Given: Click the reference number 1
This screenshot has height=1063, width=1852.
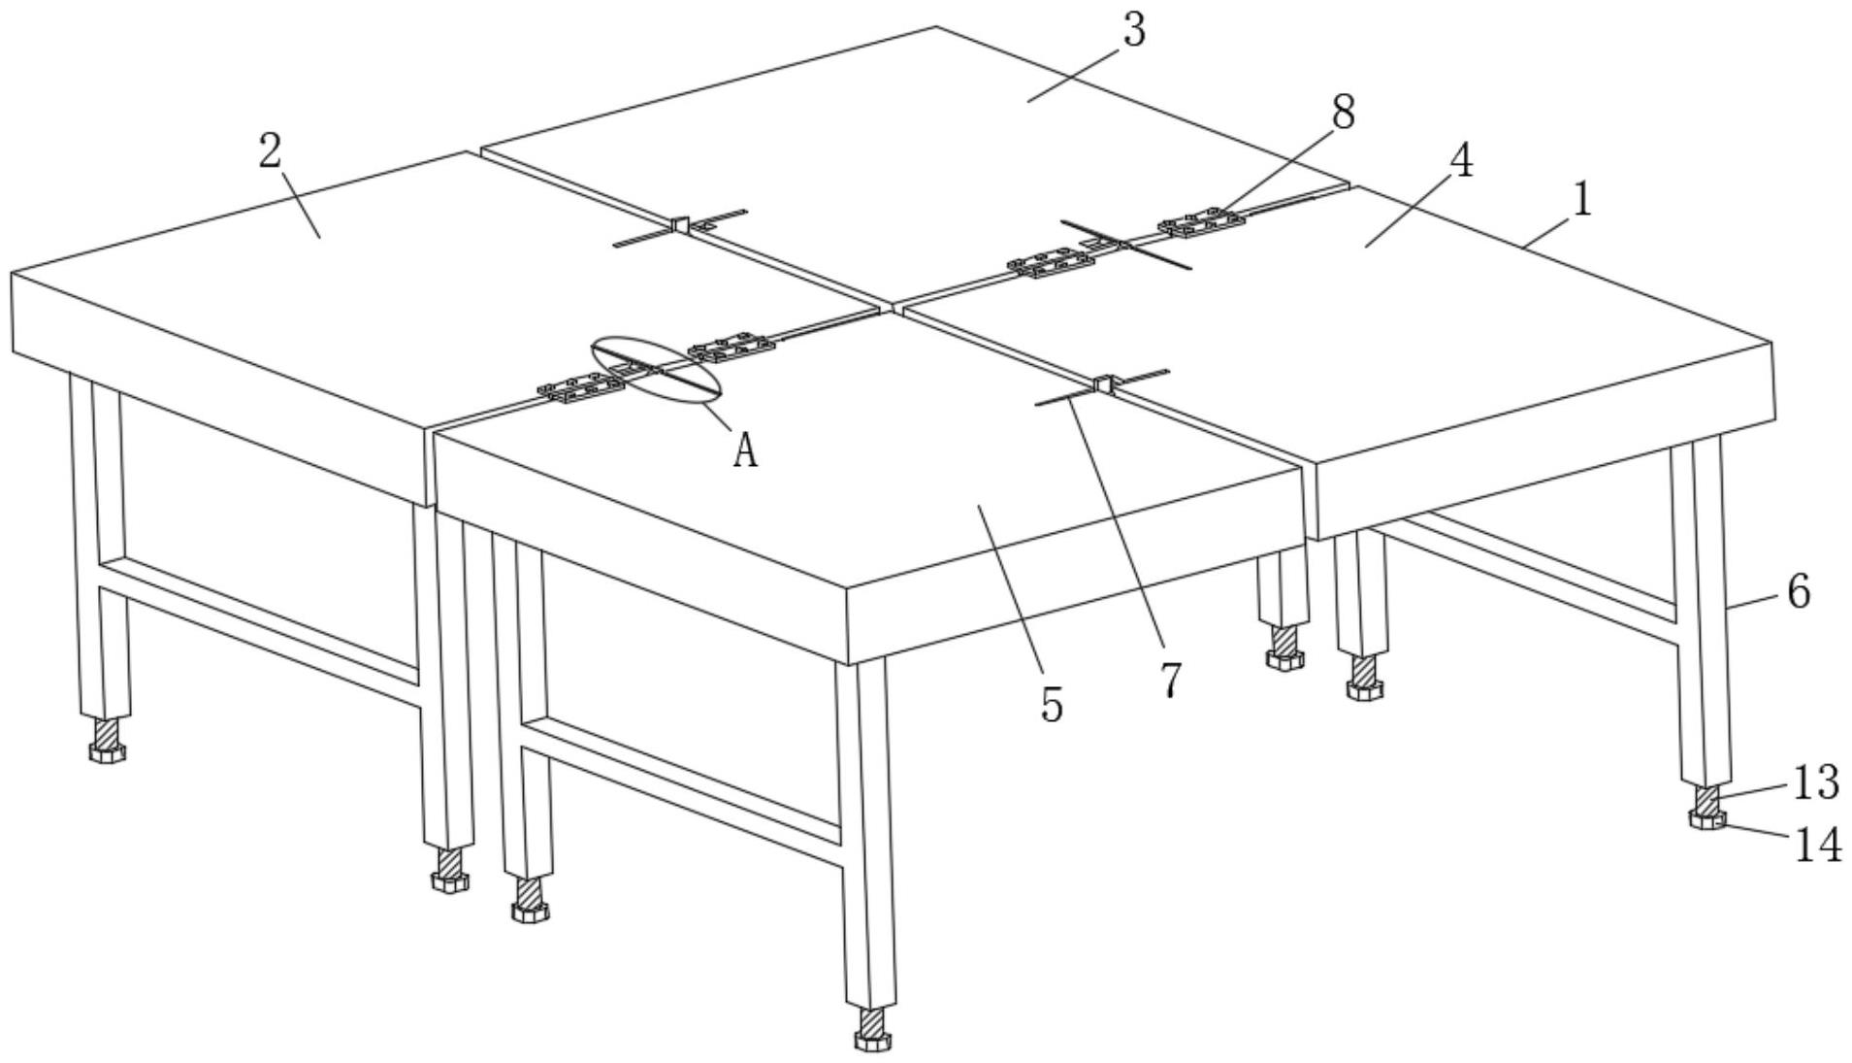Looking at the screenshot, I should [1582, 200].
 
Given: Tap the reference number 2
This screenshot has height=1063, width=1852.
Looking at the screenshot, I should [271, 151].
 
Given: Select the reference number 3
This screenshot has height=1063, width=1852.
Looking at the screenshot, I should [1133, 30].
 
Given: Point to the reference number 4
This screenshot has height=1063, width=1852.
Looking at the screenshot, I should [1461, 160].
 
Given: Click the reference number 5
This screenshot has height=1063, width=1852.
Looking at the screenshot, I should [1052, 704].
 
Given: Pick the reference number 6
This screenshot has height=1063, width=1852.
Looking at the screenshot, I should [1798, 590].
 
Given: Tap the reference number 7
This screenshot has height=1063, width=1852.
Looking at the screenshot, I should [1171, 680].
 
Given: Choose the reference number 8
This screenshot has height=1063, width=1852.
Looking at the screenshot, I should [1343, 112].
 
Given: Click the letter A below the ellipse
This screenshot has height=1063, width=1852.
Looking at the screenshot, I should [744, 451].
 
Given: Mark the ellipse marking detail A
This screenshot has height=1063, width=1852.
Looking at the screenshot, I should [657, 368].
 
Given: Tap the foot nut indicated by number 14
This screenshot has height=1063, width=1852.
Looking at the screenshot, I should [1707, 821].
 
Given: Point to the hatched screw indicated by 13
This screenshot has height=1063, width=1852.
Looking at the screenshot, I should [1706, 800].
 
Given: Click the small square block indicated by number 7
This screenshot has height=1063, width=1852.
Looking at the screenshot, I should [1103, 384].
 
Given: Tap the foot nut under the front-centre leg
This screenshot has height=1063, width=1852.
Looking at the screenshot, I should [872, 1042].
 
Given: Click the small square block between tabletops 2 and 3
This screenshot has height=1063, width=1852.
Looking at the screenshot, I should [680, 224].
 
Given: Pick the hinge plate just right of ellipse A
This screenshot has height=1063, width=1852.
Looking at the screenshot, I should [730, 348].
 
